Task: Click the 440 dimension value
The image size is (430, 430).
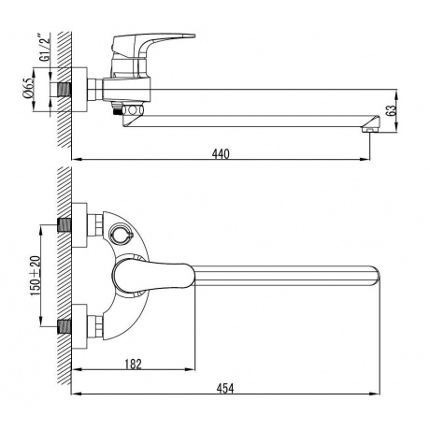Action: (219, 152)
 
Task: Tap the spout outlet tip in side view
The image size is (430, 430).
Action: (371, 127)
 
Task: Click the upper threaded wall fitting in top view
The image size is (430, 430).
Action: (66, 225)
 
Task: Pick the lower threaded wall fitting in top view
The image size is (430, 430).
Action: (66, 327)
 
